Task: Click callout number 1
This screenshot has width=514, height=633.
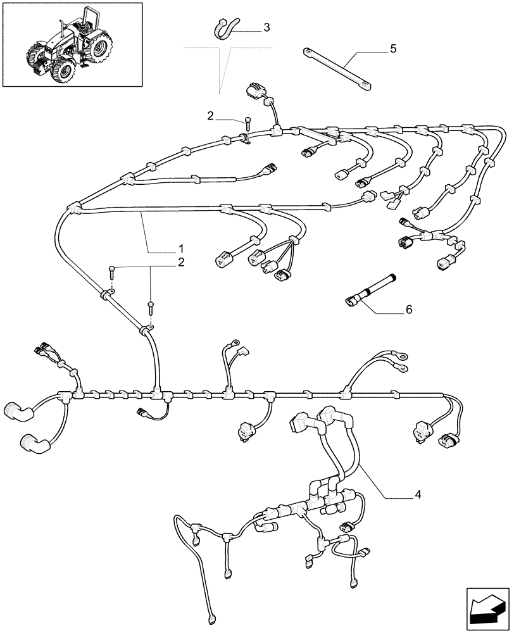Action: [x=180, y=247]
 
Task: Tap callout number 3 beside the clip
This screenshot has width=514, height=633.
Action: [x=266, y=27]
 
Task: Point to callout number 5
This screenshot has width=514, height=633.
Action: [x=393, y=49]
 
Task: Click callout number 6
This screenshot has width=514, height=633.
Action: [x=408, y=310]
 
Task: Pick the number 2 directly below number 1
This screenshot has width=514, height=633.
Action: [x=180, y=261]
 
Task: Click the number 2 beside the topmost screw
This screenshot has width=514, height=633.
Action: [x=210, y=115]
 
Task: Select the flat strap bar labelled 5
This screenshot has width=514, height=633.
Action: [x=336, y=68]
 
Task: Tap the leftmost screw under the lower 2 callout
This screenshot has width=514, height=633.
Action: [x=111, y=273]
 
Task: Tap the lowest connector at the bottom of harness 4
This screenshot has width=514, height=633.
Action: [x=210, y=617]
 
